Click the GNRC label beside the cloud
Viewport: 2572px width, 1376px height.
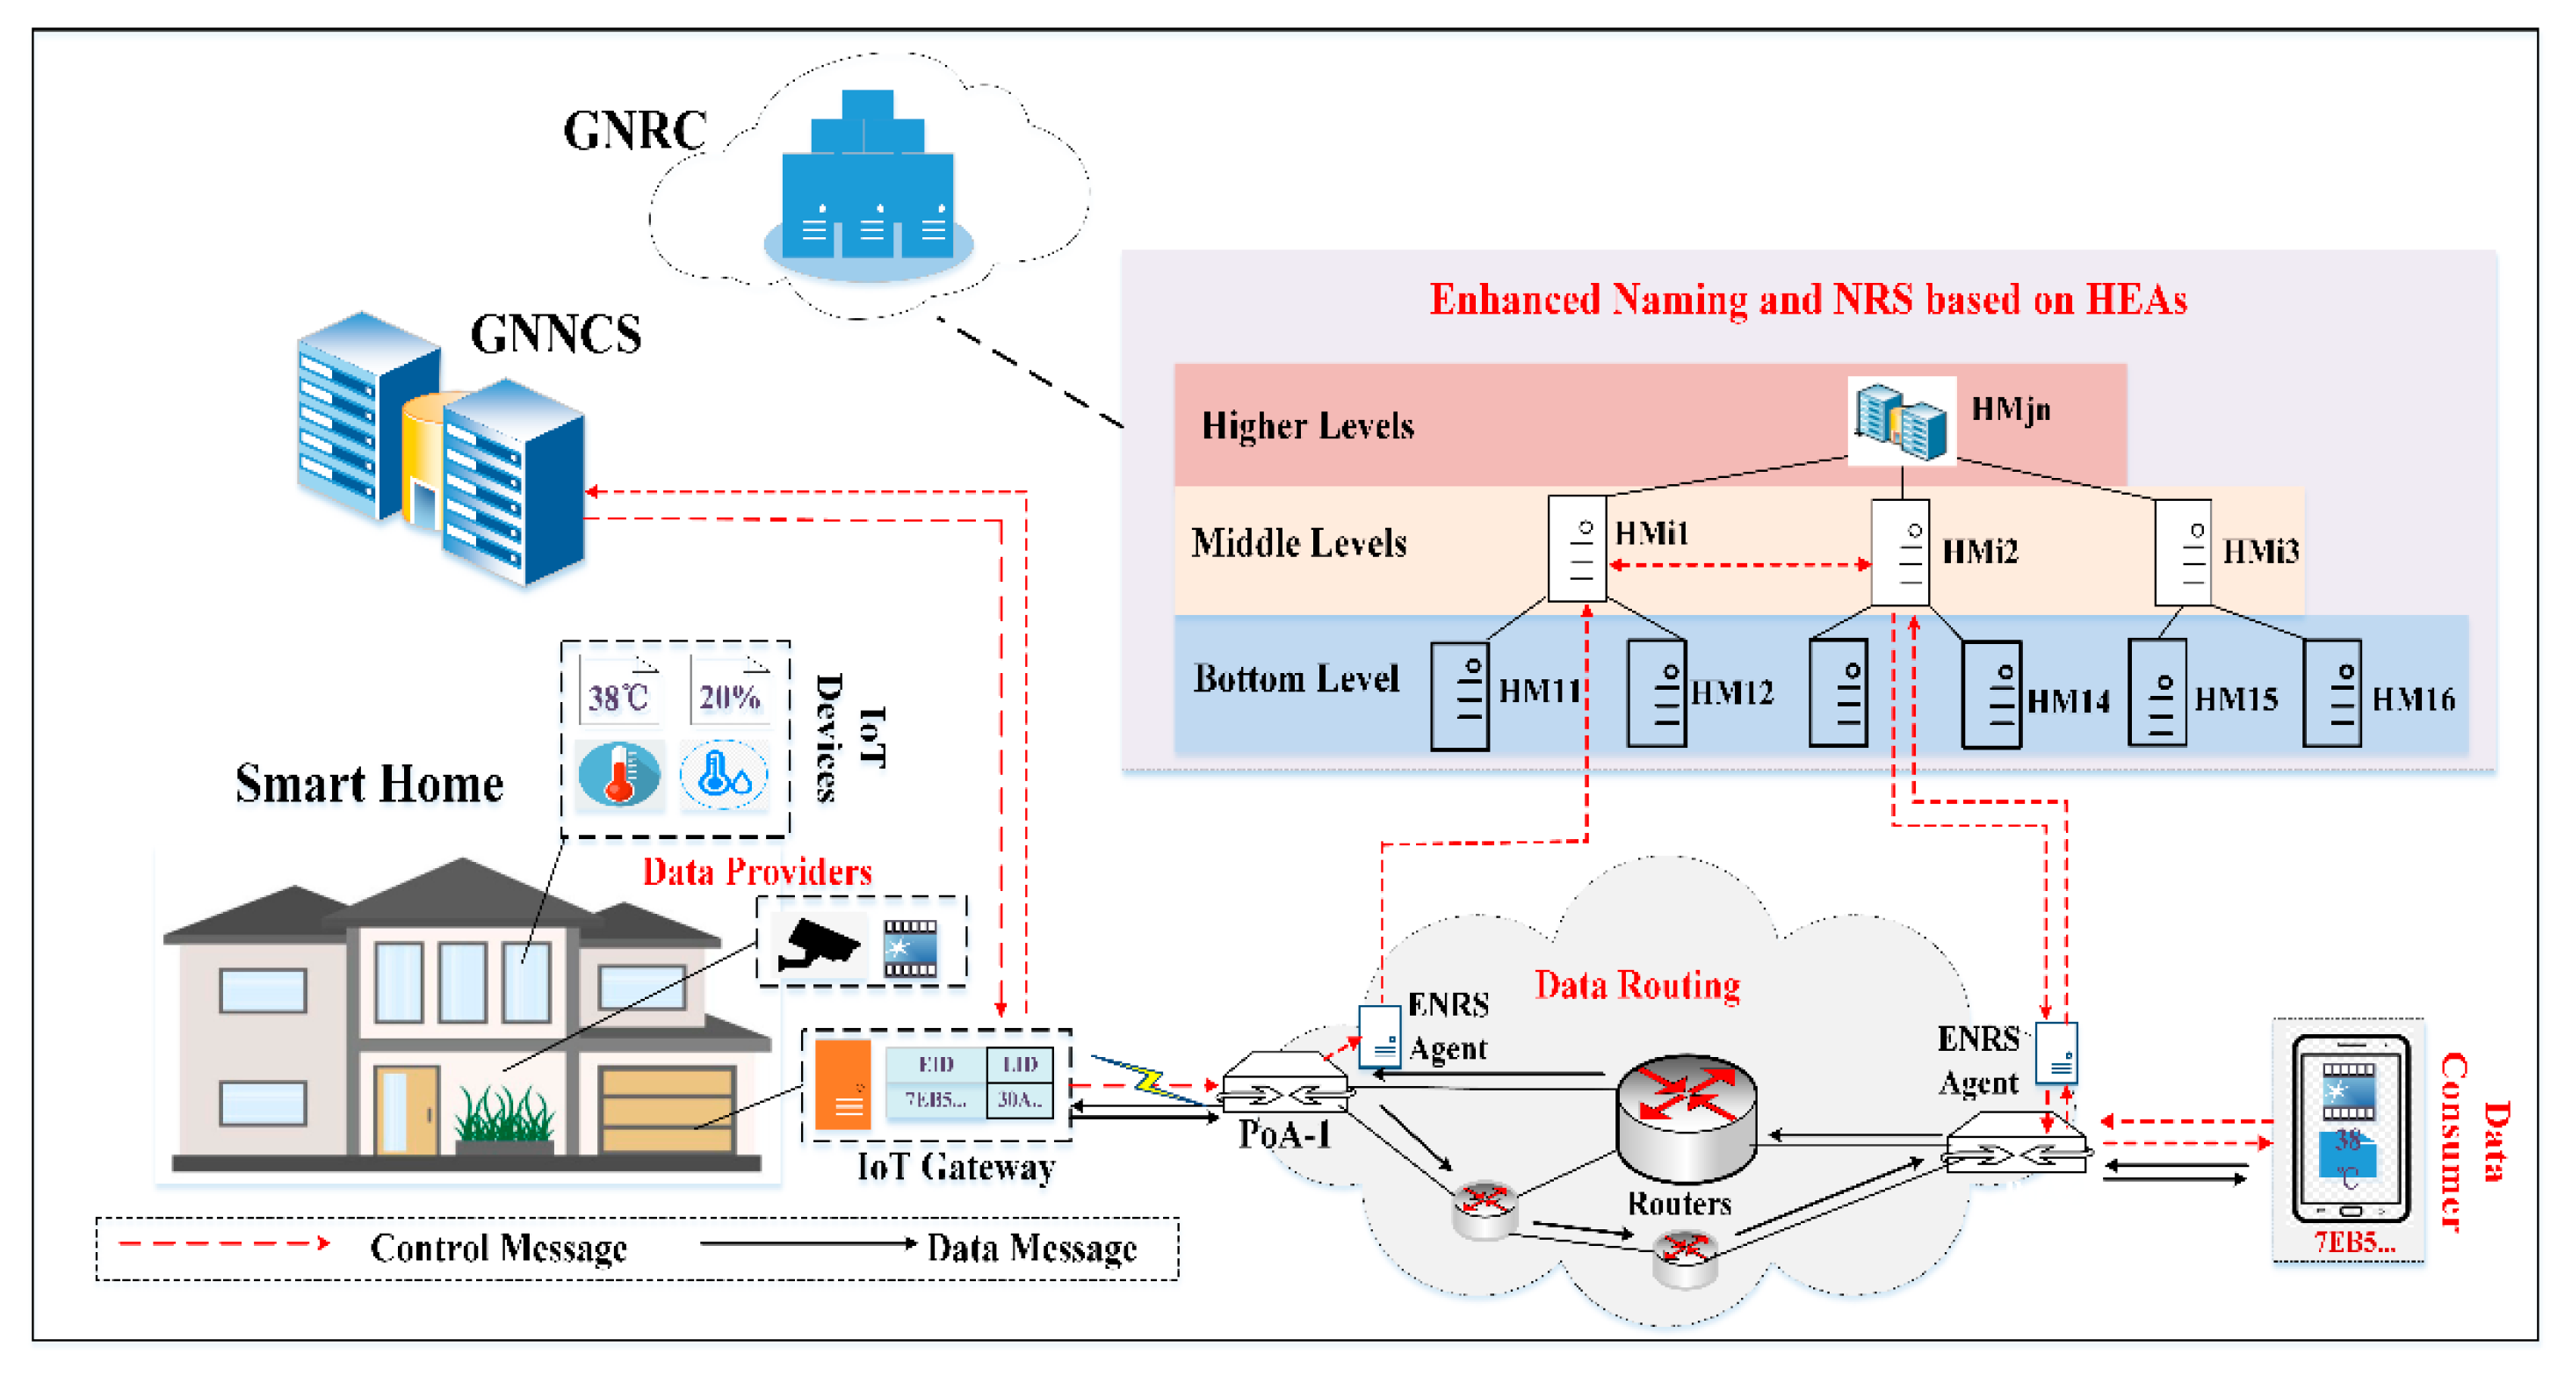(x=635, y=131)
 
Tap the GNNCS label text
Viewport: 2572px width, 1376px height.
(x=555, y=335)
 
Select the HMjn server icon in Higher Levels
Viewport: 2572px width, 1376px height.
(x=1901, y=420)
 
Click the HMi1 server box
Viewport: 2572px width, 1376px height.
(x=1577, y=548)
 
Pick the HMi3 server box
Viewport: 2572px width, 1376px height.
(x=2183, y=552)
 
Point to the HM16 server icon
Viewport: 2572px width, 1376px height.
(x=2331, y=694)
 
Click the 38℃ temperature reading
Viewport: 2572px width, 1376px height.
(x=618, y=696)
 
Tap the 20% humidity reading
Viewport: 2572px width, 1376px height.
(x=729, y=696)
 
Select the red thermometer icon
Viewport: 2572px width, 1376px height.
(x=619, y=774)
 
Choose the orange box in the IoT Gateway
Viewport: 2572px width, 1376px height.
(x=842, y=1084)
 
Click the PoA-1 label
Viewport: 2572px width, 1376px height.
(x=1284, y=1134)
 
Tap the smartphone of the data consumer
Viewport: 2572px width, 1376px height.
(x=2351, y=1128)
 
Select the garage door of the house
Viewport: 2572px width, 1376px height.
(x=667, y=1108)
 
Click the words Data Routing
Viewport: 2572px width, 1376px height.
(x=1637, y=986)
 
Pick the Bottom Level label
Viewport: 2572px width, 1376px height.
(x=1296, y=679)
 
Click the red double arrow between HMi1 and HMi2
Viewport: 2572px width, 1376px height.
(x=1739, y=565)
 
